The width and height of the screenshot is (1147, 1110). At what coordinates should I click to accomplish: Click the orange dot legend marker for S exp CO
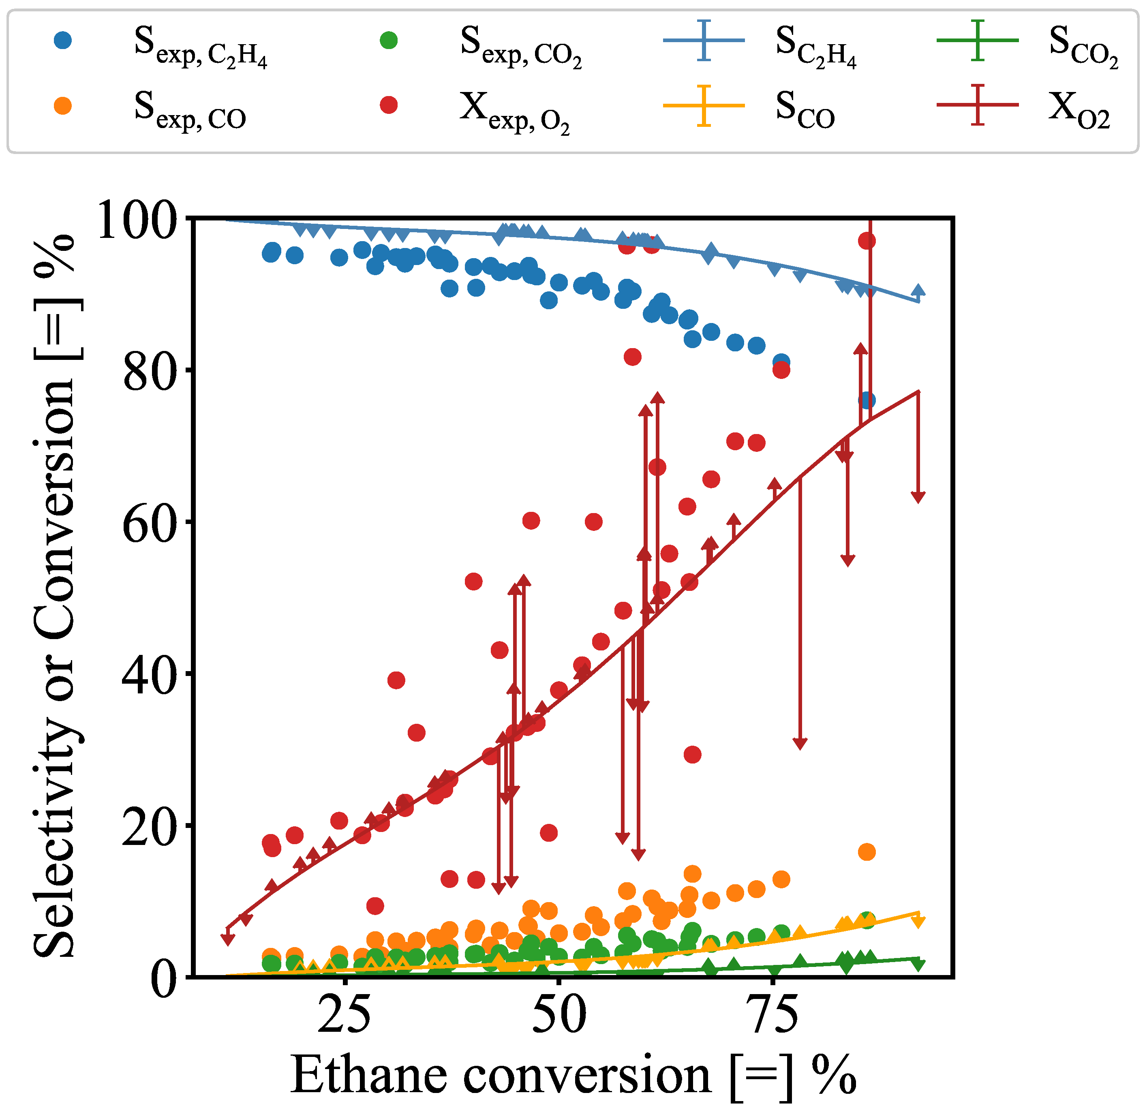62,105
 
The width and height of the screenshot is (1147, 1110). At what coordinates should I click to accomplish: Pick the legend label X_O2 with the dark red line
1079,108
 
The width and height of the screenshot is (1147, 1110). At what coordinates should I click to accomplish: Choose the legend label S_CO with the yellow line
805,108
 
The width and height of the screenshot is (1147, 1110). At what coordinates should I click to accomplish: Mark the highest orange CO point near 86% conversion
867,852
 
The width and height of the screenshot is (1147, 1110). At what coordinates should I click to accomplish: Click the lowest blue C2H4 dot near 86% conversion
867,400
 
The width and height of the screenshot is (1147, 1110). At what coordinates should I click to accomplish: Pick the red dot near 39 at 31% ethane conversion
396,680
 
